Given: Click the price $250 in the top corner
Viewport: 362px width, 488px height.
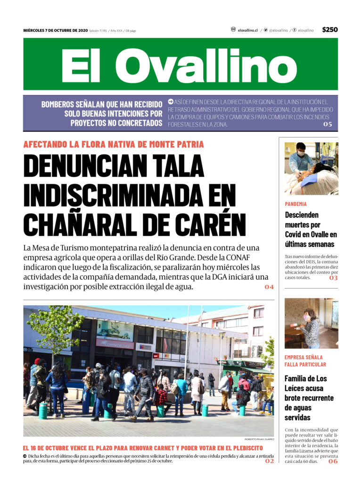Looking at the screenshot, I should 330,30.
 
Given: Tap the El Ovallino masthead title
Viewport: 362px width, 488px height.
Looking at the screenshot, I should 181,65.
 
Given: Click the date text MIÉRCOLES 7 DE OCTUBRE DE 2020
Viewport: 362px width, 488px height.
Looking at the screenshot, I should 55,31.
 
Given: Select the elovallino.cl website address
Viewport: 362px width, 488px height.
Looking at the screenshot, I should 247,30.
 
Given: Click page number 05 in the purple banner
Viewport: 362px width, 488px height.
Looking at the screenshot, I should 328,124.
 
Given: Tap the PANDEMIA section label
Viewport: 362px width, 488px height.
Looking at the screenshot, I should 296,204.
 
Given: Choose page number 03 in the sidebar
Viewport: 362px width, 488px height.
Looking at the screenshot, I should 334,278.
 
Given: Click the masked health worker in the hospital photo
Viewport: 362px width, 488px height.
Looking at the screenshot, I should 298,159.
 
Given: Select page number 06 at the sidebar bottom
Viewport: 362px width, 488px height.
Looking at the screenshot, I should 333,462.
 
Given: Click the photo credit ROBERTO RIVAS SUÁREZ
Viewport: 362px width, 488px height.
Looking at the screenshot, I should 259,439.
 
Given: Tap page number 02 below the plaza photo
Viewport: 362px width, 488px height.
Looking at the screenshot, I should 269,461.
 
